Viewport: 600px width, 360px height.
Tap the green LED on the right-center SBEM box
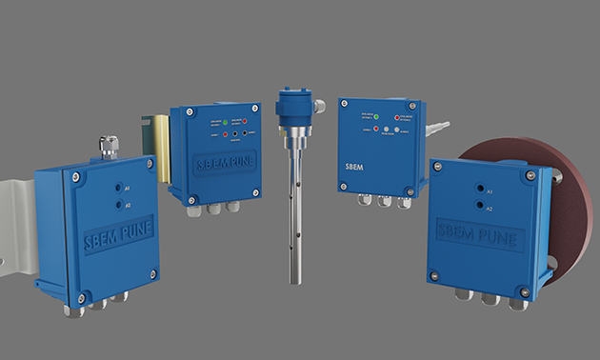click(377, 118)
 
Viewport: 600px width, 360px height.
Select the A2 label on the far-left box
click(128, 205)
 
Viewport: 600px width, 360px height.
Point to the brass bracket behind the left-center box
click(154, 143)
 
